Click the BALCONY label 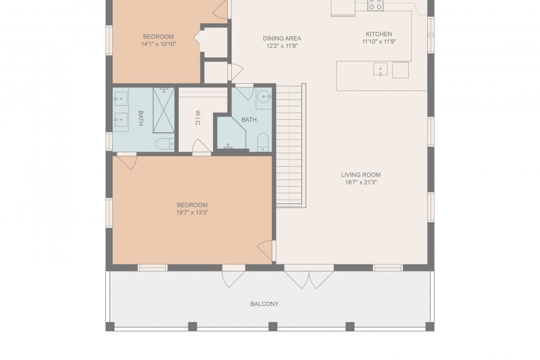click(264, 304)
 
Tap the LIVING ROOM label click(361, 175)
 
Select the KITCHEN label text click(379, 34)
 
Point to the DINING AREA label click(282, 38)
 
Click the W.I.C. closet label click(198, 118)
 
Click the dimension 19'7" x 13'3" click(192, 213)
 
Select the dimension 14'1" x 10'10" click(158, 44)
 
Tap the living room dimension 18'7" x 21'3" click(361, 182)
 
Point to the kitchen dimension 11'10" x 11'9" click(379, 42)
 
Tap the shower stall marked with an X click(164, 110)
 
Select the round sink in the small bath click(264, 97)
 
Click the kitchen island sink click(380, 69)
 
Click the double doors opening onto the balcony click(309, 276)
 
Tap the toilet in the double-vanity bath click(165, 144)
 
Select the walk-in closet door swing click(201, 147)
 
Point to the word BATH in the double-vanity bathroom click(140, 118)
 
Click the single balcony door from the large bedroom click(233, 276)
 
